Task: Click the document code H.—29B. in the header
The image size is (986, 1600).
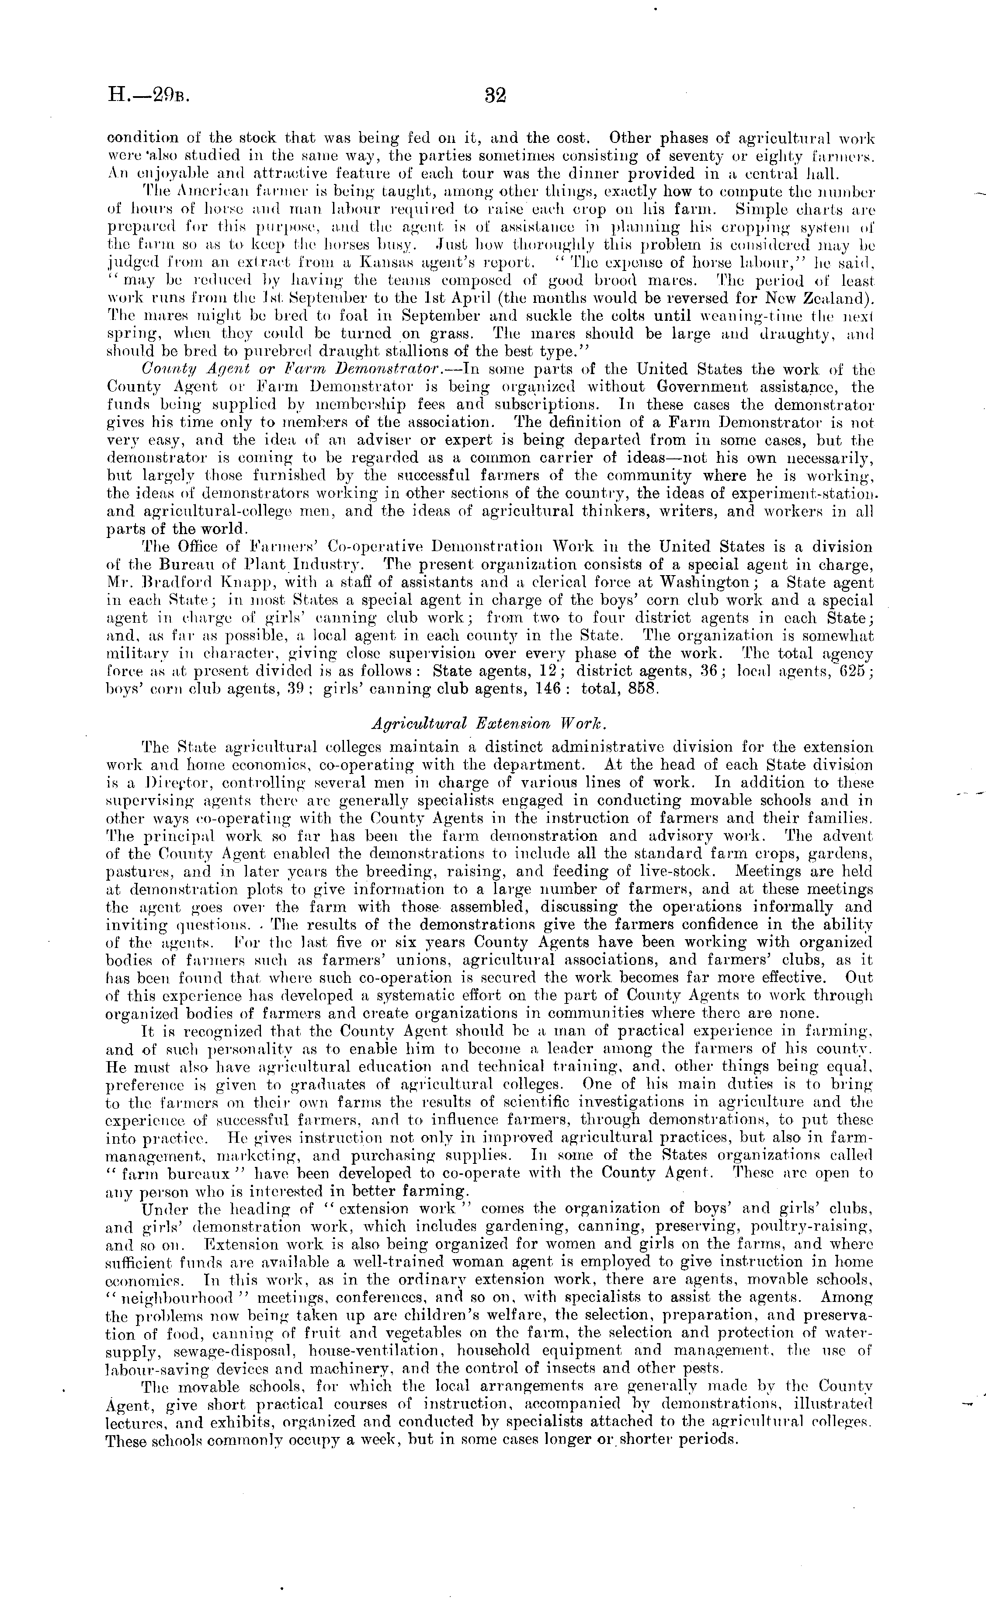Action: pos(148,96)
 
